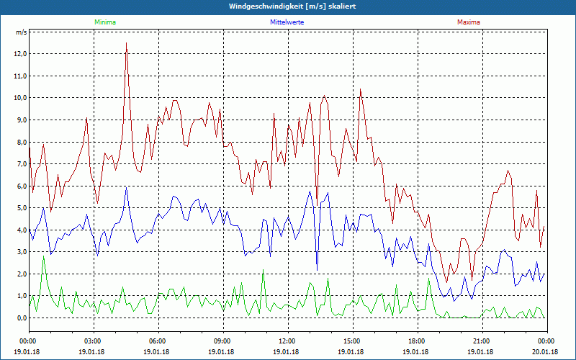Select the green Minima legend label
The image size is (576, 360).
pyautogui.click(x=104, y=22)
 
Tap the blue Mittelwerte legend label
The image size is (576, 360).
pyautogui.click(x=287, y=22)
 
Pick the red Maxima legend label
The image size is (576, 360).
pyautogui.click(x=469, y=22)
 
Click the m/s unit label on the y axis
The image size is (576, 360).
pyautogui.click(x=21, y=32)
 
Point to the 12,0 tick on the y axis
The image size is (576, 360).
pyautogui.click(x=19, y=54)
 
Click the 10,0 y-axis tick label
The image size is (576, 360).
pyautogui.click(x=19, y=98)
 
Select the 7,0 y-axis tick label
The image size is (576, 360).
pyautogui.click(x=19, y=164)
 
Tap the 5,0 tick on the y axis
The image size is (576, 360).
pyautogui.click(x=19, y=208)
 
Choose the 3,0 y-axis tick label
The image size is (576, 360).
pyautogui.click(x=19, y=252)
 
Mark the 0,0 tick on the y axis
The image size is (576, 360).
pyautogui.click(x=19, y=318)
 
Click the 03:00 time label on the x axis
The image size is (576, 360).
pyautogui.click(x=93, y=341)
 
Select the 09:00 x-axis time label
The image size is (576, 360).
pyautogui.click(x=222, y=341)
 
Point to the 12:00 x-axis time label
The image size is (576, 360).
pyautogui.click(x=287, y=341)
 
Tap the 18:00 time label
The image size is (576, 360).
pyautogui.click(x=417, y=341)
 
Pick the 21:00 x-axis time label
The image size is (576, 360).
pyautogui.click(x=482, y=341)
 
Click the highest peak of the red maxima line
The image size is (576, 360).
pyautogui.click(x=126, y=43)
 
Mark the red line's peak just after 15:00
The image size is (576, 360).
pyautogui.click(x=360, y=89)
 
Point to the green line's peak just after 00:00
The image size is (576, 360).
pyautogui.click(x=43, y=256)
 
